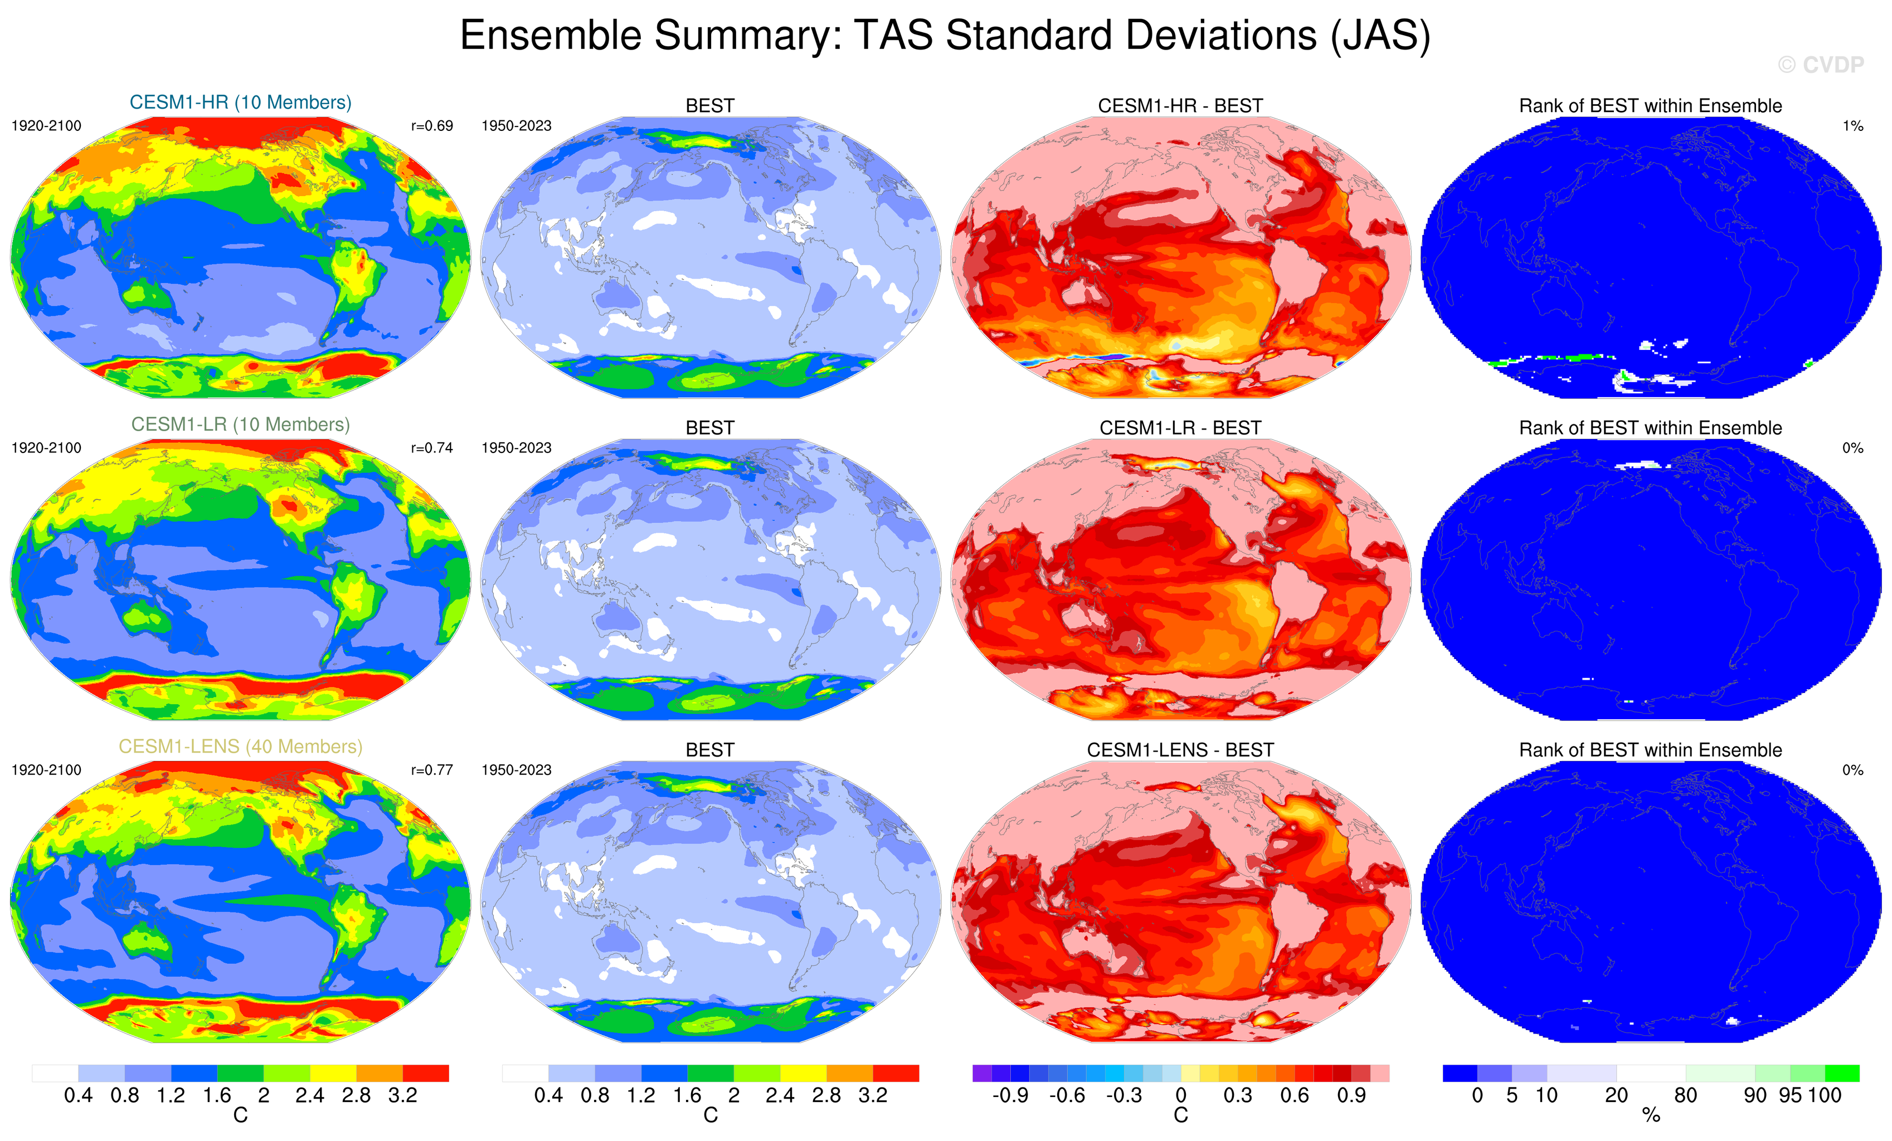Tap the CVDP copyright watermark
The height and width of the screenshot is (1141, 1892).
coord(1820,65)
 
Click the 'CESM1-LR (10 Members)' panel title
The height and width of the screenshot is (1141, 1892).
coord(240,424)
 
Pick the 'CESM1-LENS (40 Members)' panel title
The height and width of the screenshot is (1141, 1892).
coord(240,747)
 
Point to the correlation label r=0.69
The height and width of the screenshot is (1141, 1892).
coord(431,126)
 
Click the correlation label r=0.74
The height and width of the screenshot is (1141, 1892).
coord(431,447)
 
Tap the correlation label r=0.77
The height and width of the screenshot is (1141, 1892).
coord(431,770)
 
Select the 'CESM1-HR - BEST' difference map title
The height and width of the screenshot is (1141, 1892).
coord(1180,105)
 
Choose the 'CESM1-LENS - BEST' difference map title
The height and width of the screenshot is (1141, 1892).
coord(1180,749)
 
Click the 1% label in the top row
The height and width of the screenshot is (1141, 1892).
coord(1852,126)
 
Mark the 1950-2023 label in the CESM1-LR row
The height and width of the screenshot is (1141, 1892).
coord(516,447)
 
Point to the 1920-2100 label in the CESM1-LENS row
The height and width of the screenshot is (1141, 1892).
coord(46,770)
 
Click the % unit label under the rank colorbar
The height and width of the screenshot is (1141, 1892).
coord(1651,1116)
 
